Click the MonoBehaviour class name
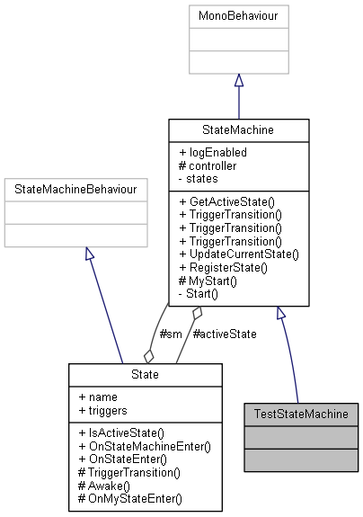[x=238, y=14]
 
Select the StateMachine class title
[x=238, y=130]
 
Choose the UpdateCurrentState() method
[x=239, y=254]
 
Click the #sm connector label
[x=170, y=334]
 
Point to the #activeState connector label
[x=225, y=334]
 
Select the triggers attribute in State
[x=100, y=410]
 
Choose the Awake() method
[x=107, y=485]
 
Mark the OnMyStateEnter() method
[x=129, y=498]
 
